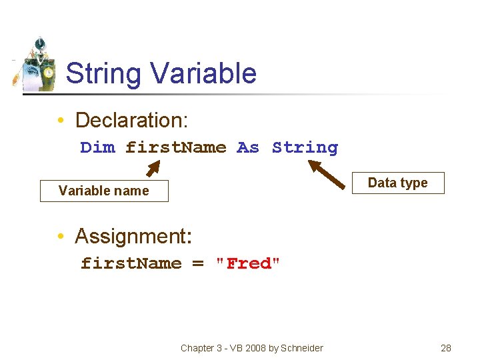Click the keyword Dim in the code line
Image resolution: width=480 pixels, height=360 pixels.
coord(97,147)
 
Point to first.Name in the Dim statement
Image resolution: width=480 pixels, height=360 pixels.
coord(176,147)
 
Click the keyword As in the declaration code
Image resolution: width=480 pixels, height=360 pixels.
coord(248,147)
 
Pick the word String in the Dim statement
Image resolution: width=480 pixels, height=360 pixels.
coord(305,147)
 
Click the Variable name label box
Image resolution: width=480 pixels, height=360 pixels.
coord(104,191)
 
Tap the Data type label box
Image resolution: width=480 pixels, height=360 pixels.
coord(397,183)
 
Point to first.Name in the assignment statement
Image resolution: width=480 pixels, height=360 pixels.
coord(131,263)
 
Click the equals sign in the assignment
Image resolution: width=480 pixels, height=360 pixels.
coord(198,263)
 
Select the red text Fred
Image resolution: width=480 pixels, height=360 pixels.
coord(249,263)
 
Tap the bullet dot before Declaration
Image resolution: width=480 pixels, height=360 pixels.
coord(60,121)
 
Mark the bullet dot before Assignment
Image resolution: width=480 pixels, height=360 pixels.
coord(60,237)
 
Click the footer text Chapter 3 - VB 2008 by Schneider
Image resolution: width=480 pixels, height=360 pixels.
coord(251,348)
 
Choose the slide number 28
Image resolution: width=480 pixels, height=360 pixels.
coord(446,348)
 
